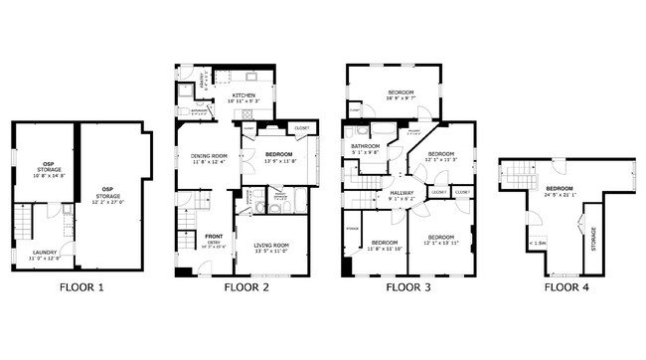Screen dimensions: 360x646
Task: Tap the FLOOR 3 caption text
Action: pyautogui.click(x=408, y=287)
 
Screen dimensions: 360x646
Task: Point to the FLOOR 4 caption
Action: pyautogui.click(x=566, y=287)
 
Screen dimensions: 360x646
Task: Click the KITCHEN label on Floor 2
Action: pyautogui.click(x=244, y=95)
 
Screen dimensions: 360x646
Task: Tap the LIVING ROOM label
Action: pyautogui.click(x=270, y=245)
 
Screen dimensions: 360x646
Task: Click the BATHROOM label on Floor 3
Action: pyautogui.click(x=365, y=146)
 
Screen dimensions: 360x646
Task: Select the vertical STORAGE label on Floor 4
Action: pyautogui.click(x=594, y=239)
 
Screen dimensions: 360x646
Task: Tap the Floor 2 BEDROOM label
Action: pyautogui.click(x=278, y=154)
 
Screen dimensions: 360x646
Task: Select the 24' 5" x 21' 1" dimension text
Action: pyautogui.click(x=559, y=194)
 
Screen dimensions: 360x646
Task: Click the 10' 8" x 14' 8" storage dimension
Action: pyautogui.click(x=47, y=176)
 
